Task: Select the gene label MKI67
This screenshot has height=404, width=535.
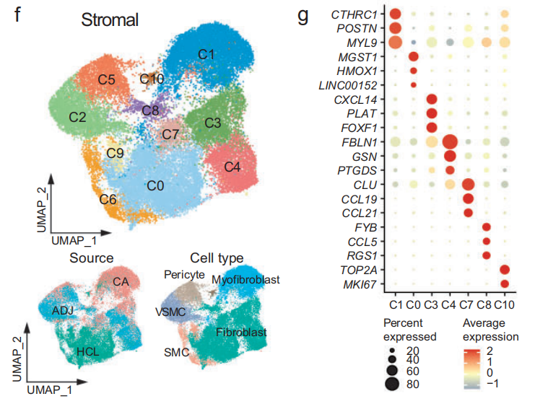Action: [x=365, y=283]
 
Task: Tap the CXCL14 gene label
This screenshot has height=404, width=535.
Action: [x=362, y=99]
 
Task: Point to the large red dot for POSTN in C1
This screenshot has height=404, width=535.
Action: [x=395, y=28]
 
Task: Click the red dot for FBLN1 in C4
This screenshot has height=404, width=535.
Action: [x=449, y=141]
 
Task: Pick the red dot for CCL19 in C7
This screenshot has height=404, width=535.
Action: [x=467, y=198]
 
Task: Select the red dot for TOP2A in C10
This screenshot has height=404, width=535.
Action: [x=504, y=269]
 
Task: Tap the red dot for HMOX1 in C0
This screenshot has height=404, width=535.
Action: [x=413, y=71]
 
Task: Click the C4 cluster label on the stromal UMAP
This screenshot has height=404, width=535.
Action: [x=232, y=167]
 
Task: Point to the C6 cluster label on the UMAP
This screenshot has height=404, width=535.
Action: [x=108, y=198]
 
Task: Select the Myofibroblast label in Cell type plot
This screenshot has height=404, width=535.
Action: [x=246, y=278]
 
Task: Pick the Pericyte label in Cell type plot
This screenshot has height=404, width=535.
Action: [x=184, y=274]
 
